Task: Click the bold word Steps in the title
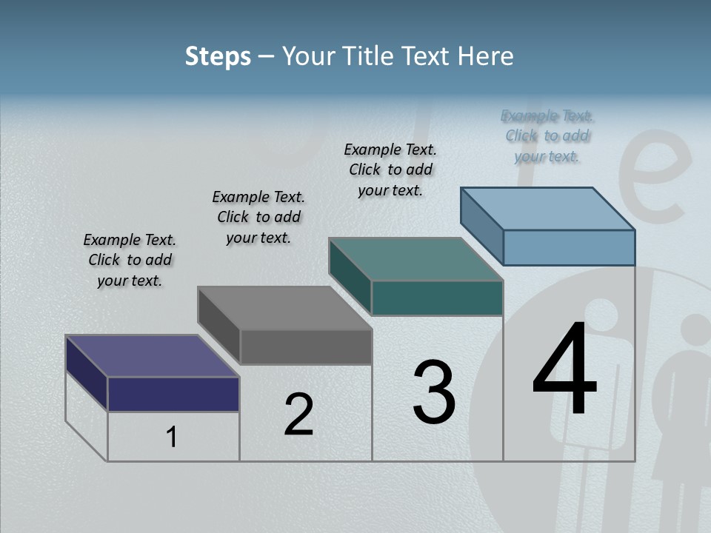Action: click(218, 56)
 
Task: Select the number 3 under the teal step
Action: click(434, 392)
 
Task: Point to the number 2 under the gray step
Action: click(299, 415)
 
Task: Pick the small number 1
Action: click(172, 438)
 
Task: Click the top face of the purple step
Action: click(153, 356)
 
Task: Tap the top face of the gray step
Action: click(284, 308)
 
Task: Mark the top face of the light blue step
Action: click(548, 209)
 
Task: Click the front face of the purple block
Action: click(173, 394)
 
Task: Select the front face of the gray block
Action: click(306, 346)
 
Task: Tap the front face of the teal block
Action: click(437, 298)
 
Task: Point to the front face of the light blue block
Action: click(569, 247)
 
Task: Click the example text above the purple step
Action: click(130, 260)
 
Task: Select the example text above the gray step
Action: click(258, 217)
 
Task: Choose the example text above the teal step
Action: click(390, 170)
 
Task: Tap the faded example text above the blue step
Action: click(547, 135)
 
